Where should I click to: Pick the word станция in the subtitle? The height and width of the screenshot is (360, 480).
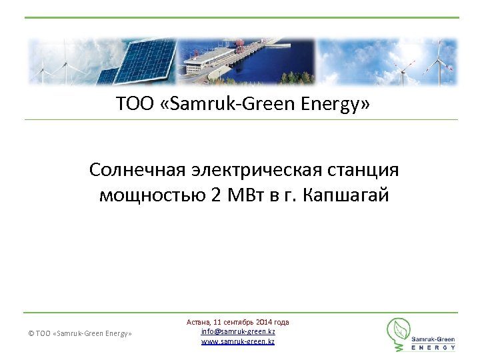[365, 170]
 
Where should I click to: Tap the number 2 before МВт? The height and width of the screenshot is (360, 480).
[215, 196]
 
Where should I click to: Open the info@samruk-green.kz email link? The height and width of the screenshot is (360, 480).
[238, 331]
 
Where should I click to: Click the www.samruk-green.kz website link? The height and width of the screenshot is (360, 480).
[238, 341]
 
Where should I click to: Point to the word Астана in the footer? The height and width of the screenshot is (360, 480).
[198, 322]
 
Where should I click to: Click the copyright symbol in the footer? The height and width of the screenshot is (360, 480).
[31, 333]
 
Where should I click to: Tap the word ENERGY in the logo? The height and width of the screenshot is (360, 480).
[433, 347]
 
